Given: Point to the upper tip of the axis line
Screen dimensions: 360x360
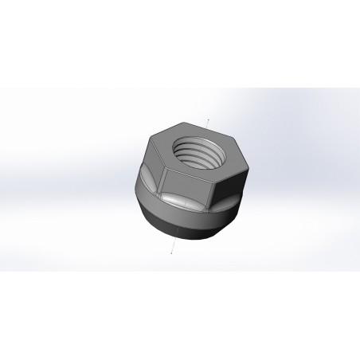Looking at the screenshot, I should click(x=208, y=119).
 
